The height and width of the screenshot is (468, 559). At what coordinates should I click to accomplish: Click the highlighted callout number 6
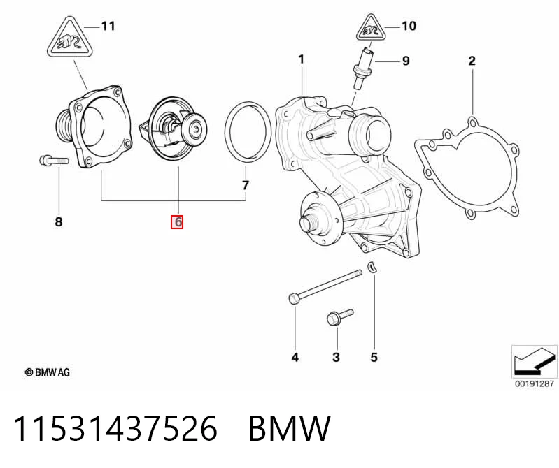click(177, 221)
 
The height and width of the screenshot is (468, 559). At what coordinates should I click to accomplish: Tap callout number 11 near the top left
click(108, 26)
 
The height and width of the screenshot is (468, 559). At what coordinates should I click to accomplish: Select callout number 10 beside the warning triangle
click(409, 26)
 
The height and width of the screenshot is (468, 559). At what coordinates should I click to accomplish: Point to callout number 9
click(406, 61)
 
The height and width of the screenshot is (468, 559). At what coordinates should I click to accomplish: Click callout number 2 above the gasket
click(472, 61)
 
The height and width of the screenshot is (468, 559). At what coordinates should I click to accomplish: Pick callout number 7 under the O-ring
click(246, 185)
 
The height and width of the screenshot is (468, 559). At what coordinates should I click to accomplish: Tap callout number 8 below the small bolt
click(59, 221)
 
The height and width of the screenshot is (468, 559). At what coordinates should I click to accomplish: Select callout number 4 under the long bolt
click(295, 357)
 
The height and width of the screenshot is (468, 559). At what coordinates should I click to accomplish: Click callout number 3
click(337, 357)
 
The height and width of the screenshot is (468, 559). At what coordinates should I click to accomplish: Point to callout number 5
click(374, 357)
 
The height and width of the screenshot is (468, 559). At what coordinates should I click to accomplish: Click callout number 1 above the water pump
click(302, 59)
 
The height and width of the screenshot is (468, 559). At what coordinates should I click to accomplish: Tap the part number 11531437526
click(115, 428)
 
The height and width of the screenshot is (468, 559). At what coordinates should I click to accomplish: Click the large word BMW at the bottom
click(289, 428)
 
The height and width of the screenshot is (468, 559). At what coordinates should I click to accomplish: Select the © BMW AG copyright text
click(48, 372)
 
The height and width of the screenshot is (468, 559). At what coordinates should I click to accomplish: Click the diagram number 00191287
click(534, 383)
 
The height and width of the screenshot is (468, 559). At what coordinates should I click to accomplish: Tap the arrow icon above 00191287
click(534, 361)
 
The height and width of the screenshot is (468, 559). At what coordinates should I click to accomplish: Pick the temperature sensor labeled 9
click(363, 68)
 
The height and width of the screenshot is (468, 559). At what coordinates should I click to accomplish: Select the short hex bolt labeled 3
click(339, 316)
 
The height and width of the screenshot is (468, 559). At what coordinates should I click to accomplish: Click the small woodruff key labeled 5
click(372, 267)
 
